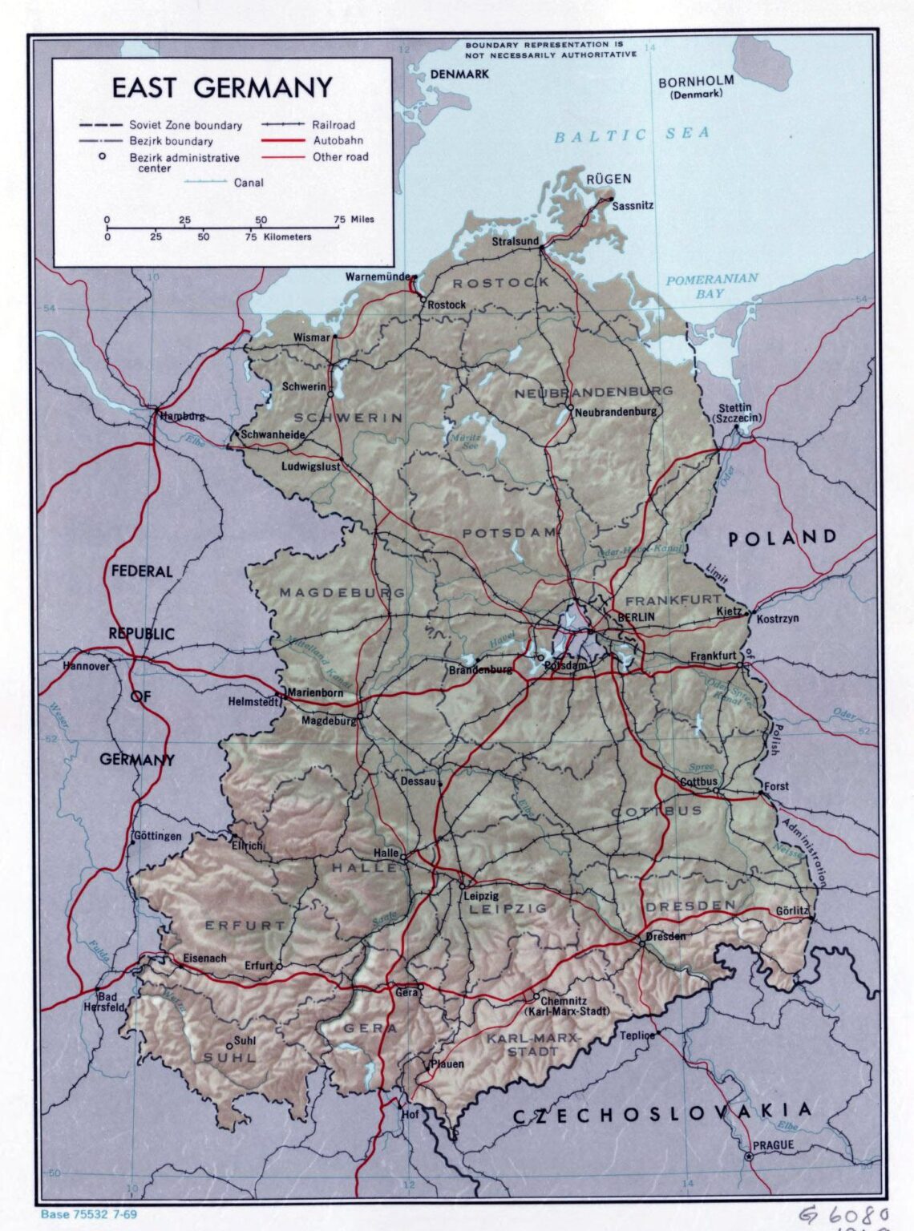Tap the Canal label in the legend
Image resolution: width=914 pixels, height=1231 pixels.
249,183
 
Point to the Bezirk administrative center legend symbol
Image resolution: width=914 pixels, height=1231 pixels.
103,156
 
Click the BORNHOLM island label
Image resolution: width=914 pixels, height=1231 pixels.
695,81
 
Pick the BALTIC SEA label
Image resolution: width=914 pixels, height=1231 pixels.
633,135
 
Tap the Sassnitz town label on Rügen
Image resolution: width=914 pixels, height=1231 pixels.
633,205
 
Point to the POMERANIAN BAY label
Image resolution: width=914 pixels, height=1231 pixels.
711,286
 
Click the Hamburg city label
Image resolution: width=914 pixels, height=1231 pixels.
183,416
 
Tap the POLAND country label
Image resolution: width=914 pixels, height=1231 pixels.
783,538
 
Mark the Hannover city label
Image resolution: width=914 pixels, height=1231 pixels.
86,666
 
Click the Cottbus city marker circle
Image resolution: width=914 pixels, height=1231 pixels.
716,792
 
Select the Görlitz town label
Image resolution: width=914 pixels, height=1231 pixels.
793,911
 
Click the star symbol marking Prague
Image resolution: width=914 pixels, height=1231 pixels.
749,1156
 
